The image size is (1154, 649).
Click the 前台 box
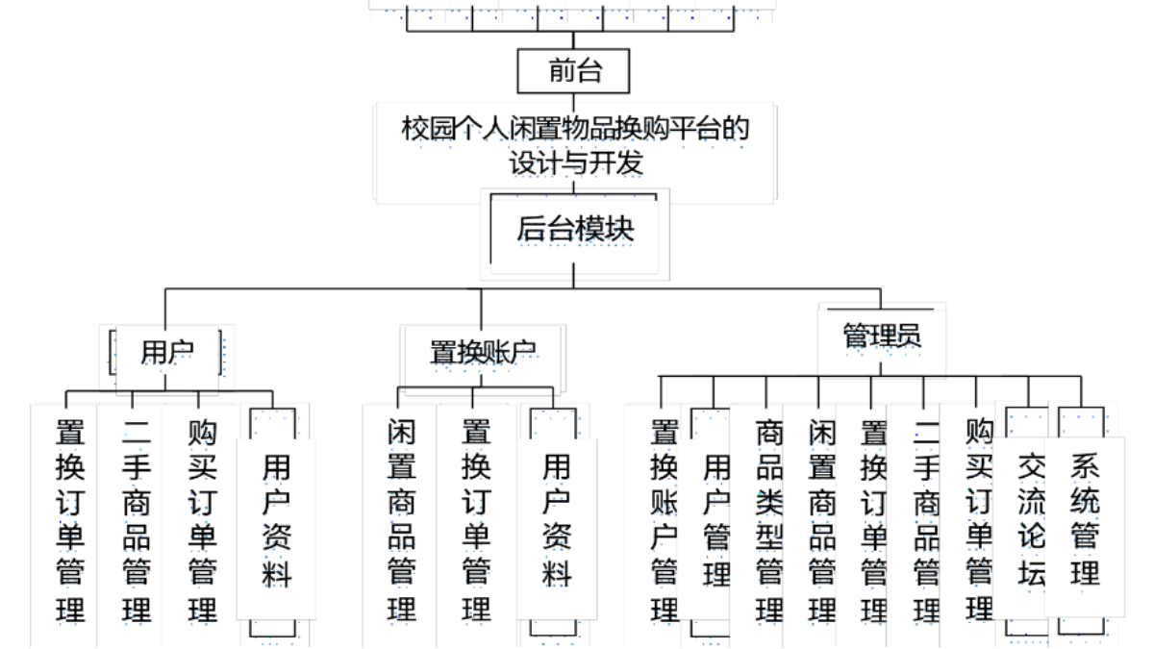click(x=574, y=71)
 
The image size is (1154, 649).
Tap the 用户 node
click(x=166, y=353)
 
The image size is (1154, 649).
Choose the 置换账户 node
click(x=482, y=353)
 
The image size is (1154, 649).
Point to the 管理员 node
click(x=882, y=335)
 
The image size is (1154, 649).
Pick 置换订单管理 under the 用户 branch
click(x=70, y=519)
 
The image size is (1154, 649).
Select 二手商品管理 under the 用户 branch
click(x=137, y=519)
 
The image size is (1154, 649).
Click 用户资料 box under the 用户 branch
click(x=276, y=520)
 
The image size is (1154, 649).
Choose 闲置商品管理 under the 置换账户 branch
click(x=401, y=519)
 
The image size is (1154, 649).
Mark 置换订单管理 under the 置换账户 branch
click(x=476, y=519)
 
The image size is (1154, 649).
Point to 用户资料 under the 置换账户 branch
click(x=556, y=520)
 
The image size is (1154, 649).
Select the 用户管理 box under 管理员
click(x=716, y=520)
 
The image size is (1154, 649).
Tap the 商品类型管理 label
click(x=768, y=519)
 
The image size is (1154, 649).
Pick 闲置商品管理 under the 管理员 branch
click(x=821, y=519)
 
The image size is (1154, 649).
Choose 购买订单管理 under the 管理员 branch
click(x=978, y=519)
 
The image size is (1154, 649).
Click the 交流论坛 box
click(x=1031, y=520)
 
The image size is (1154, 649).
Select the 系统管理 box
click(x=1084, y=520)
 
